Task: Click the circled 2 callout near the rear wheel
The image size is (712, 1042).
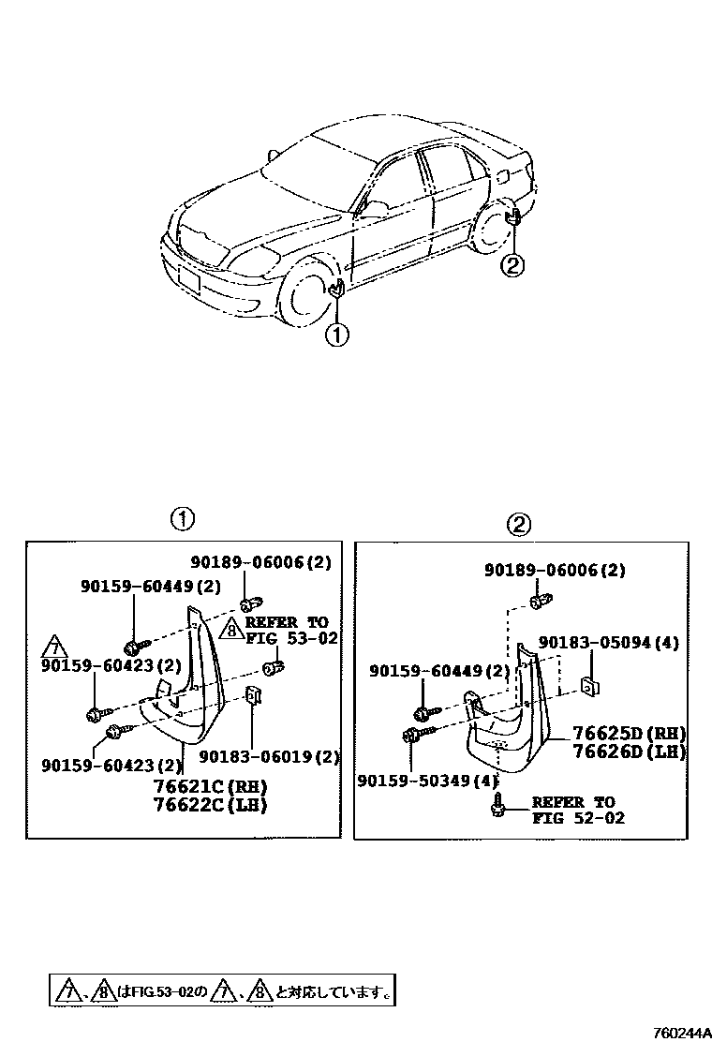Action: tap(512, 266)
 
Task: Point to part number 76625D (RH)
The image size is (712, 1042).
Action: tap(630, 733)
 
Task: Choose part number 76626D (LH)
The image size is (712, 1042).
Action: tap(630, 751)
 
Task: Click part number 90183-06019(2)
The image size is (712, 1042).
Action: tap(269, 757)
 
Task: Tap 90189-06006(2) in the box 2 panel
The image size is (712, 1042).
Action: tap(555, 570)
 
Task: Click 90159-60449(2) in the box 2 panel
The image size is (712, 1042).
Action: tap(439, 671)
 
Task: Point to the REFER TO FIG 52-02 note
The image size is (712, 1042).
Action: tap(573, 810)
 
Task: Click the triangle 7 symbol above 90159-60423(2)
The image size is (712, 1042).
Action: tap(57, 648)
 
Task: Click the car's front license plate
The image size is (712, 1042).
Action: tap(188, 279)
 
